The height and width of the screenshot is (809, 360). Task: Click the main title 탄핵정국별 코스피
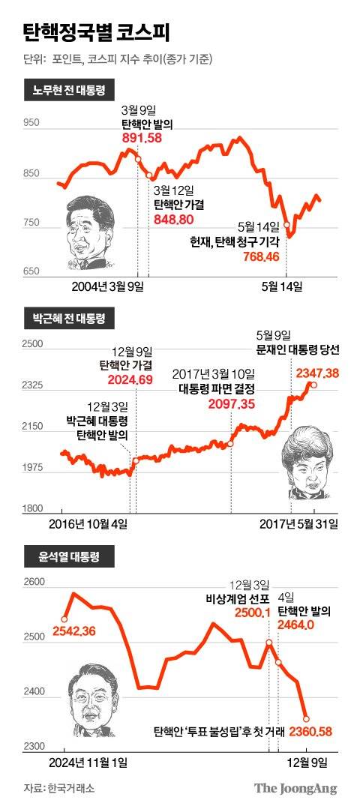(x=97, y=33)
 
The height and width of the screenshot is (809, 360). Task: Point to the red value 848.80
(x=173, y=218)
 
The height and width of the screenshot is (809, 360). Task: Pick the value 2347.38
(x=318, y=373)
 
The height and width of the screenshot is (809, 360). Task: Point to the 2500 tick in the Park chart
(x=32, y=344)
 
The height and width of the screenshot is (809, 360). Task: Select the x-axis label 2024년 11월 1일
(x=88, y=762)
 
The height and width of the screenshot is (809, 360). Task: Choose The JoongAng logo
(x=295, y=788)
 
